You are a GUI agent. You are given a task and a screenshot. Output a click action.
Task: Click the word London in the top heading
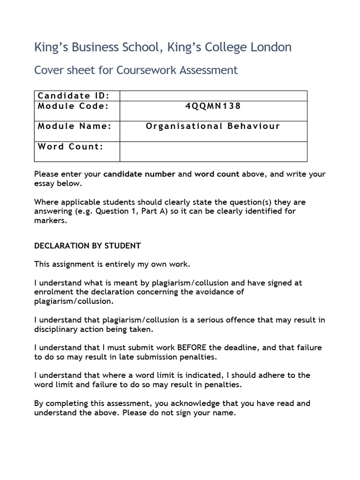tap(270, 47)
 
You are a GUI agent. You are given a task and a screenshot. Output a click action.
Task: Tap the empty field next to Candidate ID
tap(213, 96)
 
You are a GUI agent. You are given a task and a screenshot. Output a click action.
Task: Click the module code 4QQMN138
tap(213, 106)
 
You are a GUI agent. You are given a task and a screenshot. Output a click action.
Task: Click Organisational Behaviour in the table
tap(213, 126)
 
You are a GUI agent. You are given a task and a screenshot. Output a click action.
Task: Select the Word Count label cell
tap(70, 146)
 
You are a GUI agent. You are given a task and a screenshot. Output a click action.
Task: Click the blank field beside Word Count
tap(213, 151)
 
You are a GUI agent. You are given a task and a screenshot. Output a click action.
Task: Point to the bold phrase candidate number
tap(139, 174)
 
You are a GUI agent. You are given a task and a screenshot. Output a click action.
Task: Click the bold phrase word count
tap(217, 174)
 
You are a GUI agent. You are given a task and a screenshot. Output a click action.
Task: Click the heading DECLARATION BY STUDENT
tap(88, 246)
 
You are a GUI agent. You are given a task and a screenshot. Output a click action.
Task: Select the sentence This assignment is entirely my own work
tap(112, 264)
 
